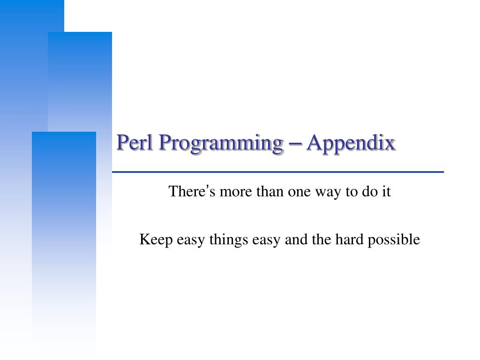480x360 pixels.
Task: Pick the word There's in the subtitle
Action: click(x=187, y=192)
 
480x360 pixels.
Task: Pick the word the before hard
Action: click(x=321, y=240)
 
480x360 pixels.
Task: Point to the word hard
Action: click(x=347, y=240)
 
